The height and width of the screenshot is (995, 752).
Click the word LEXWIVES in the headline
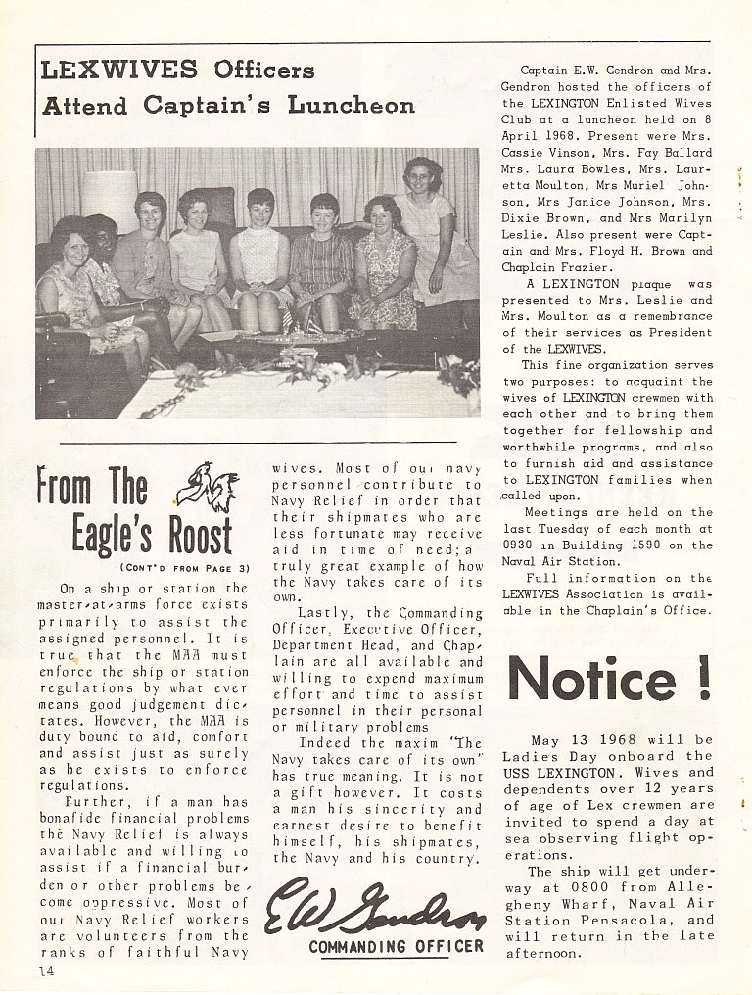pyautogui.click(x=119, y=70)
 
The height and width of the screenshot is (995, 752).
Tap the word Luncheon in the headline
pyautogui.click(x=352, y=105)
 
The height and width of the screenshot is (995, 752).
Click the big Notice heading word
pyautogui.click(x=592, y=678)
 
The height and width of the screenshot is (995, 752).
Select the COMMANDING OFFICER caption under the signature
pyautogui.click(x=396, y=946)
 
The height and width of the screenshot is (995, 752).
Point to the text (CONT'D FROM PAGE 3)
pyautogui.click(x=184, y=568)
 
